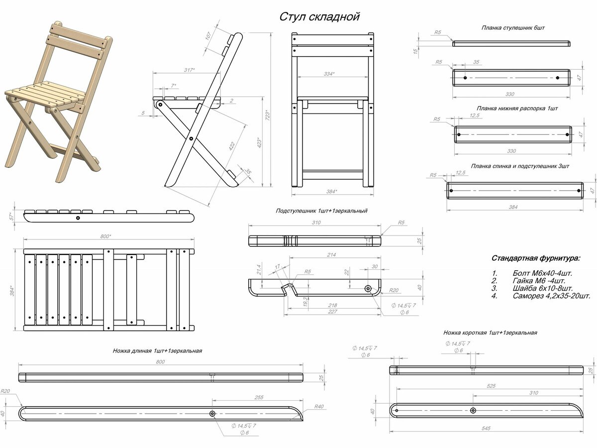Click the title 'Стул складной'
[319, 16]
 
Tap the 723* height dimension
[267, 115]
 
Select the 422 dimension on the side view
[231, 146]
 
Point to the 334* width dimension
[329, 74]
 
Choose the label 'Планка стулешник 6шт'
[513, 28]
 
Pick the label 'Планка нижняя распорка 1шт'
[517, 108]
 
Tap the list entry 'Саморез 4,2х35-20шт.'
[552, 296]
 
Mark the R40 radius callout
[319, 407]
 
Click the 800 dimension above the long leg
[160, 362]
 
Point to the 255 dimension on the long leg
[258, 397]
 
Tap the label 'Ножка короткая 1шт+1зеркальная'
[490, 333]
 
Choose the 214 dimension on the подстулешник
[332, 255]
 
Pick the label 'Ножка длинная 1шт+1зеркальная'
[157, 351]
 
